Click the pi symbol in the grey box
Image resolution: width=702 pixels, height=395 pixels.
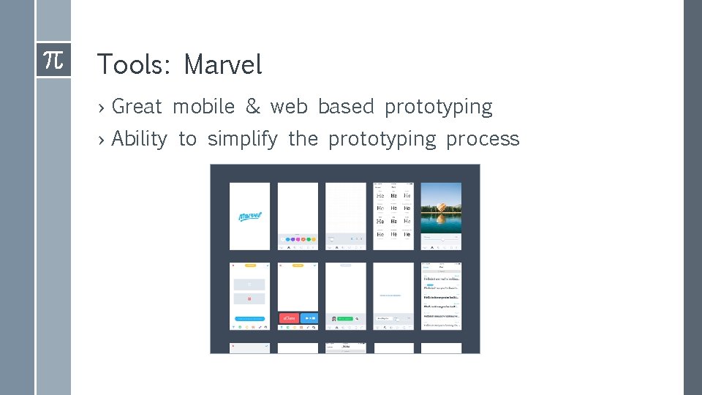coord(53,59)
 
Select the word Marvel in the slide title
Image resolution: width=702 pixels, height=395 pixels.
coord(222,65)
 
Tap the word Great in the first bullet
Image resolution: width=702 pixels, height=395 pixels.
coord(137,107)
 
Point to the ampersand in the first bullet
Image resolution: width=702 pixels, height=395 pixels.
coord(253,107)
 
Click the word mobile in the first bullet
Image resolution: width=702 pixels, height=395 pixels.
coord(204,107)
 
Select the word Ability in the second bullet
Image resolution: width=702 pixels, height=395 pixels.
coord(139,139)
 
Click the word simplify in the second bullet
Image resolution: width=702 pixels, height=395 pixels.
coord(242,139)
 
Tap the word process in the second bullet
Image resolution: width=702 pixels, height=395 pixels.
coord(483,139)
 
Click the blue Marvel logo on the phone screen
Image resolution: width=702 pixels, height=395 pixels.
coord(249,216)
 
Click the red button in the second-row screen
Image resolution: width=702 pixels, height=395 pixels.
coord(289,318)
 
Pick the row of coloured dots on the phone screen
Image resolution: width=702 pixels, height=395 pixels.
coord(298,238)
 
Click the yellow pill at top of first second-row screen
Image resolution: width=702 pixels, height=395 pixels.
coord(249,266)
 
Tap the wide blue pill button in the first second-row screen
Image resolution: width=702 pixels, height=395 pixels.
coord(249,319)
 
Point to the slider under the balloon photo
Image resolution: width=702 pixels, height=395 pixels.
coord(441,238)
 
